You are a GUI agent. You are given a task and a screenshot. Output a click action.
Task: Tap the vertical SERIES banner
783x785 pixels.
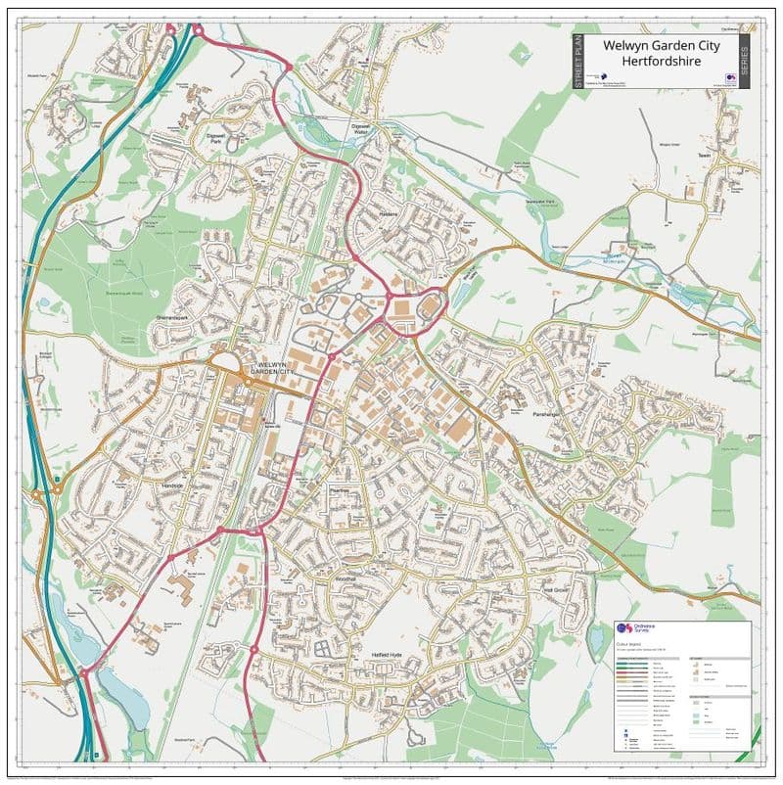tap(743, 62)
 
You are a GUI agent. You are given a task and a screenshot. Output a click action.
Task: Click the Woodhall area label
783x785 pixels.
tap(349, 578)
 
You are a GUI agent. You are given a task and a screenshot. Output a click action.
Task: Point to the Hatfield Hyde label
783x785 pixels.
tap(387, 653)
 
